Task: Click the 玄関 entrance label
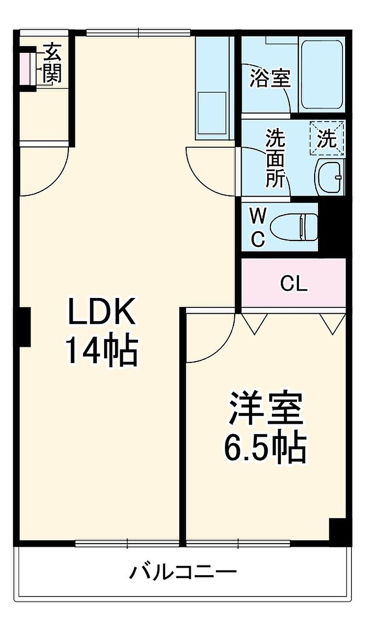pyautogui.click(x=52, y=63)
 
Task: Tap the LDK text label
pyautogui.click(x=101, y=313)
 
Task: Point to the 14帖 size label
pyautogui.click(x=101, y=350)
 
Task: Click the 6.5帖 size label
pyautogui.click(x=265, y=447)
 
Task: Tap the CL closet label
pyautogui.click(x=293, y=284)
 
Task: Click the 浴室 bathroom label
pyautogui.click(x=270, y=79)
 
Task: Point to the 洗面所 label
pyautogui.click(x=275, y=159)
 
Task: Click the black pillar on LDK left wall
pyautogui.click(x=24, y=326)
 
